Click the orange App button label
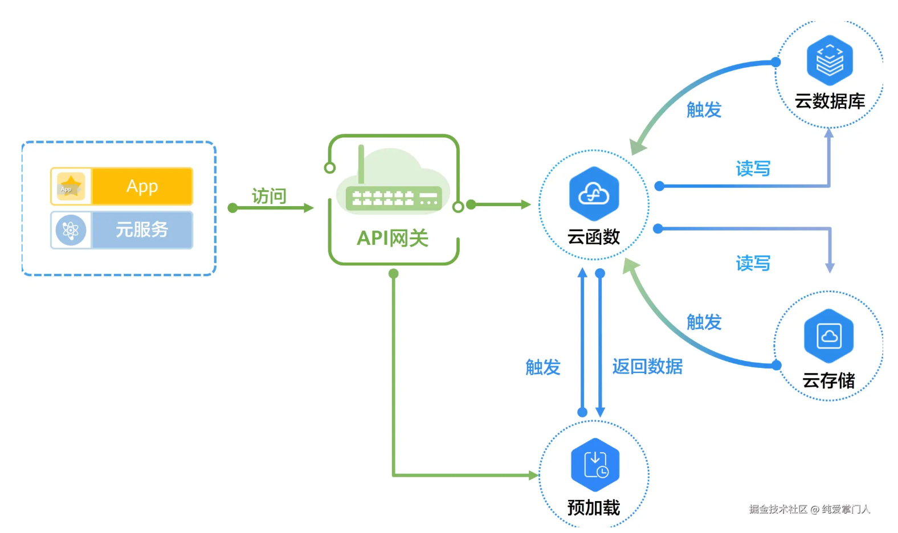pyautogui.click(x=142, y=186)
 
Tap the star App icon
pyautogui.click(x=71, y=186)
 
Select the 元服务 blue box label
pyautogui.click(x=142, y=229)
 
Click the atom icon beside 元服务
pyautogui.click(x=71, y=230)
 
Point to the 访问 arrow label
pyautogui.click(x=269, y=196)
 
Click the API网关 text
pyautogui.click(x=393, y=238)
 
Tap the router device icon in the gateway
pyautogui.click(x=394, y=198)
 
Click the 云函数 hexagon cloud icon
pyautogui.click(x=594, y=194)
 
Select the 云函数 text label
pyautogui.click(x=594, y=237)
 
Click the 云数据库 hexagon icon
pyautogui.click(x=830, y=60)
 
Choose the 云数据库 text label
pyautogui.click(x=830, y=101)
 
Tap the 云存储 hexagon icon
pyautogui.click(x=829, y=336)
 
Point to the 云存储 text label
pyautogui.click(x=829, y=380)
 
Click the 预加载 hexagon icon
pyautogui.click(x=595, y=465)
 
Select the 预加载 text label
pyautogui.click(x=594, y=507)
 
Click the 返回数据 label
pyautogui.click(x=647, y=367)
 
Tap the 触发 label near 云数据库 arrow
pyautogui.click(x=704, y=109)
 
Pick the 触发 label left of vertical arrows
pyautogui.click(x=543, y=367)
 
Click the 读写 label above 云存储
pyautogui.click(x=753, y=263)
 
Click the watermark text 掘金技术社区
pyautogui.click(x=778, y=509)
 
